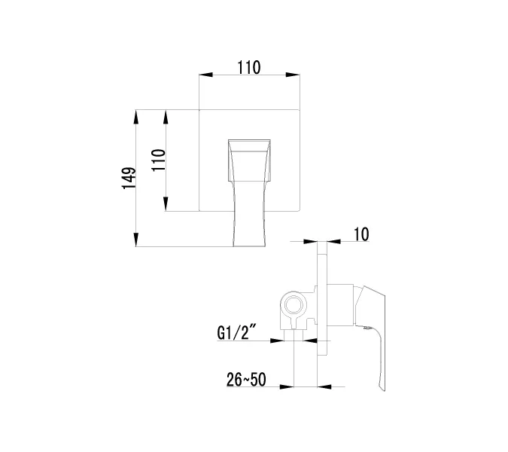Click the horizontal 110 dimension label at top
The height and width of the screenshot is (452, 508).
point(248,67)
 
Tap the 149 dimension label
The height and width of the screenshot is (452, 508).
point(129,179)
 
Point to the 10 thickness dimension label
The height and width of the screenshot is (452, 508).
point(360,234)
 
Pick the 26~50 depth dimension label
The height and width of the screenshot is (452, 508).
point(244,379)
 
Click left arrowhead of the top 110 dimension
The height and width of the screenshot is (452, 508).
point(202,75)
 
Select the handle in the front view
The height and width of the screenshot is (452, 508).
point(248,192)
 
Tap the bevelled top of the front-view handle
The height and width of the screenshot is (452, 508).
point(248,145)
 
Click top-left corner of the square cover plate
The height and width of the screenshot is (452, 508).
point(199,111)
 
